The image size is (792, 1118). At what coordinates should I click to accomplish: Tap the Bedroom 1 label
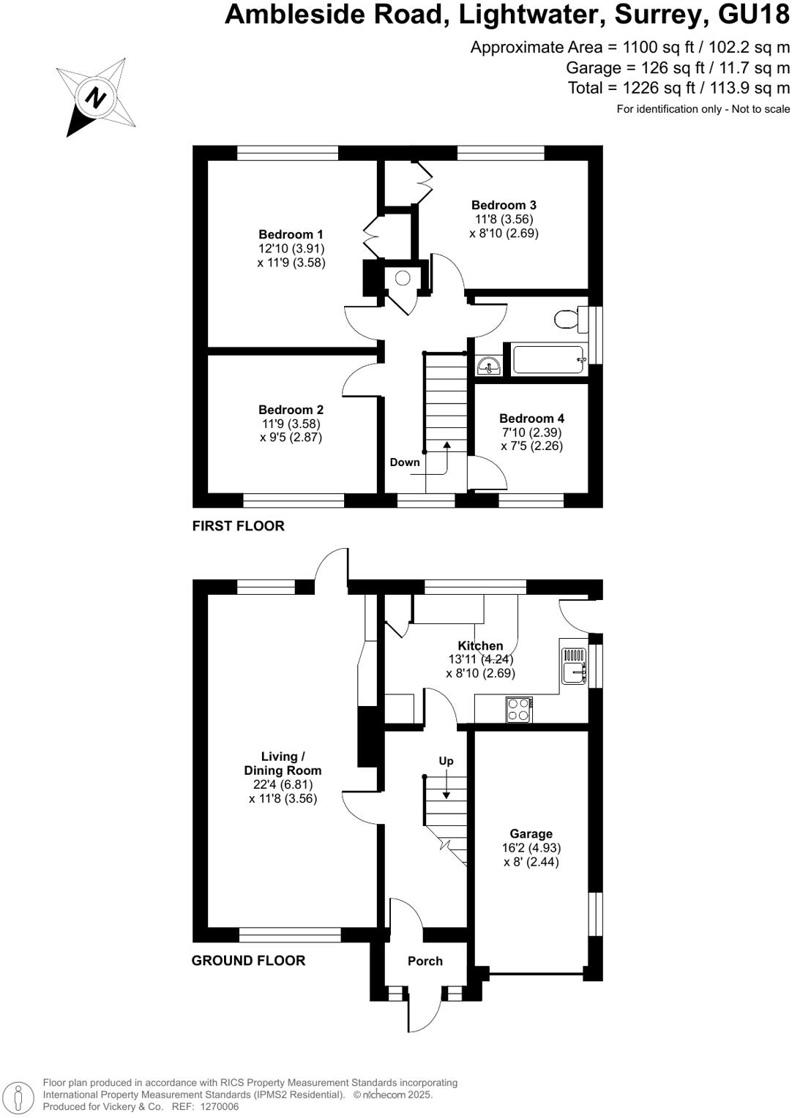(x=291, y=235)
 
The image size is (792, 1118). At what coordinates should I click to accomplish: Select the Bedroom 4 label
(x=531, y=419)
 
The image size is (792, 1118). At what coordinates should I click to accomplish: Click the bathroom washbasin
(x=487, y=365)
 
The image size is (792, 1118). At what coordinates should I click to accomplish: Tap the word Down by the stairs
(x=405, y=462)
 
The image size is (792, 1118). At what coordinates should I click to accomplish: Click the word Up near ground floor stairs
(x=446, y=761)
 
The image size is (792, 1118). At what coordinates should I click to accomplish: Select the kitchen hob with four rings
(x=519, y=709)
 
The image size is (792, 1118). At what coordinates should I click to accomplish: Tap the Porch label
(x=425, y=961)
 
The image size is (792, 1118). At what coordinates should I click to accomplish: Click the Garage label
(x=531, y=834)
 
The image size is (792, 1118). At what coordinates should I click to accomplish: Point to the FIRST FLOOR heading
(x=238, y=526)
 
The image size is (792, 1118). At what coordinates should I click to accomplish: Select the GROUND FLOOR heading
(x=248, y=961)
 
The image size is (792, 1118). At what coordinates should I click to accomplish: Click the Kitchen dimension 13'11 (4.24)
(x=480, y=659)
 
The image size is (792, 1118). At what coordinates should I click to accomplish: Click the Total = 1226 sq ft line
(x=679, y=89)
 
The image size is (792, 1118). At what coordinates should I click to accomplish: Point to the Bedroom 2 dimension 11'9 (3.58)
(x=291, y=424)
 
